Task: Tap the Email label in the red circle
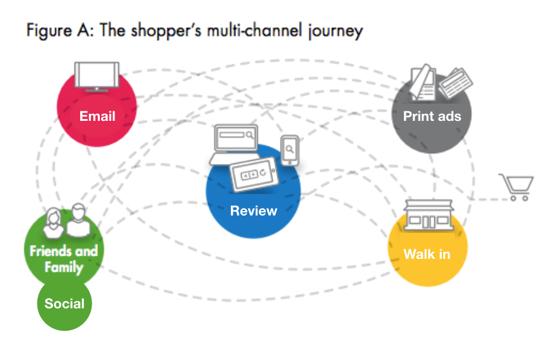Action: click(97, 116)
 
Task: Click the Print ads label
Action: click(432, 116)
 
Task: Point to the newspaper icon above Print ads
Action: click(438, 82)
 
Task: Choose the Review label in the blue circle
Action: click(253, 211)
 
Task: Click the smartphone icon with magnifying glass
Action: click(290, 151)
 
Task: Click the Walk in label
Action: click(427, 254)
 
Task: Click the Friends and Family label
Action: click(64, 258)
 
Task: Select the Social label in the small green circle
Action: click(64, 303)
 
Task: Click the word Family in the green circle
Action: click(64, 266)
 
